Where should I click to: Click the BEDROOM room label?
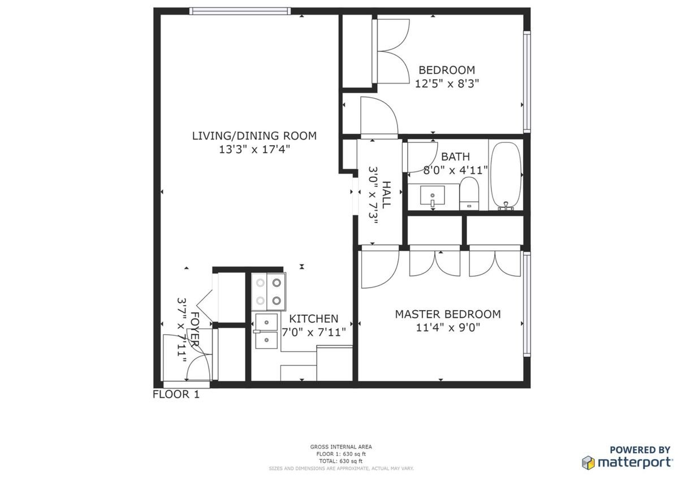click(447, 70)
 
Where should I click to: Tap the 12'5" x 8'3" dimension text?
click(447, 84)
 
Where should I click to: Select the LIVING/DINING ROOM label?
click(254, 136)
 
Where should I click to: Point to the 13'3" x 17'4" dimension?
click(254, 150)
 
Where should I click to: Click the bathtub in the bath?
click(506, 175)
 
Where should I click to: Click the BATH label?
click(455, 156)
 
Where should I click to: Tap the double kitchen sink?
click(266, 331)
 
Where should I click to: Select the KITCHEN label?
click(313, 319)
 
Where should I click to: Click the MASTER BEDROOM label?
click(448, 314)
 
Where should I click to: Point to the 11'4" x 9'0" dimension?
click(448, 328)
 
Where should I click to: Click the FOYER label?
click(195, 329)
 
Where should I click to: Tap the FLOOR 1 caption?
click(176, 394)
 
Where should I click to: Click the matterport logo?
click(627, 463)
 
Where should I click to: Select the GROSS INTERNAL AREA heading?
click(341, 447)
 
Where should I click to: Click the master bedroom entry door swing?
click(380, 268)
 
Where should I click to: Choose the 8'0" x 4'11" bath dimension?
click(455, 170)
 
